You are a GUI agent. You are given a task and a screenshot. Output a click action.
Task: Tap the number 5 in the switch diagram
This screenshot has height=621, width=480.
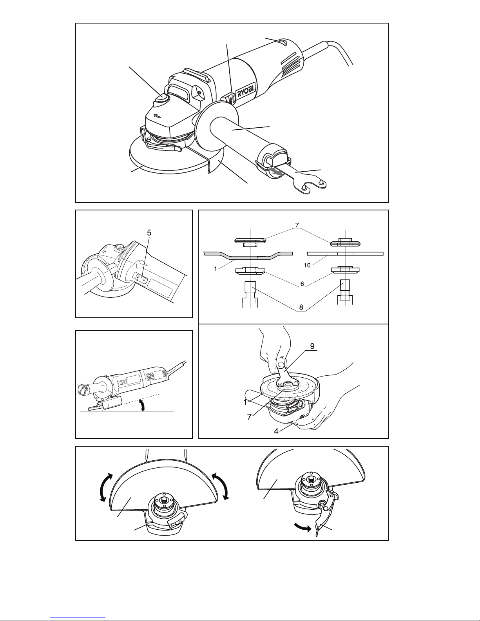click(x=149, y=232)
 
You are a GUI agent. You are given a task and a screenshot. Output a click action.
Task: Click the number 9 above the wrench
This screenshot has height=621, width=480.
click(x=312, y=347)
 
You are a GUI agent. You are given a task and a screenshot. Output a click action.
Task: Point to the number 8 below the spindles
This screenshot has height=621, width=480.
click(x=301, y=308)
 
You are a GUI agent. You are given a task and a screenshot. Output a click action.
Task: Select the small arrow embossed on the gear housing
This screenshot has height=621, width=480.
click(x=158, y=116)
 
